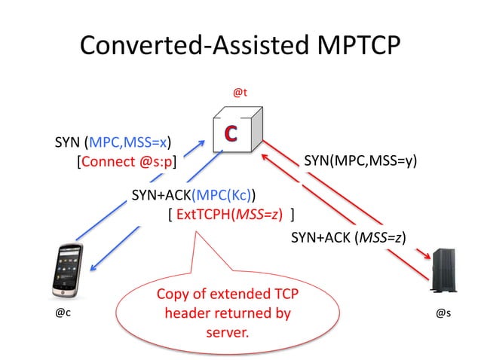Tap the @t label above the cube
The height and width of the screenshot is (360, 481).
(240, 92)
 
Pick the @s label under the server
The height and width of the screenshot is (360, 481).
(444, 313)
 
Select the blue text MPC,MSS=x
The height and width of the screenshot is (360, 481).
(129, 141)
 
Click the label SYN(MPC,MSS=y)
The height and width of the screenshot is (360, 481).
(360, 160)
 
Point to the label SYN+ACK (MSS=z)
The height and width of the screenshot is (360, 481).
(348, 238)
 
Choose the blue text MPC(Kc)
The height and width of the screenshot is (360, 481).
(228, 195)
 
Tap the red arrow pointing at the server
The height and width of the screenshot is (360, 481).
(354, 226)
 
